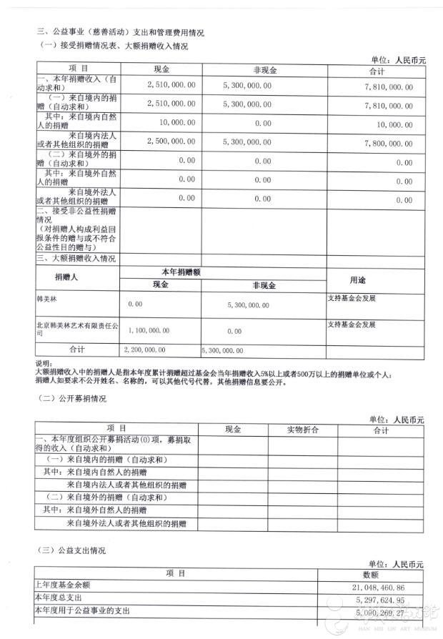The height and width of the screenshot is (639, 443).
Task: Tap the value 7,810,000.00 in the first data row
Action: (388, 86)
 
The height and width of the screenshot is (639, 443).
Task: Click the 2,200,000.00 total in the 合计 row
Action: (144, 350)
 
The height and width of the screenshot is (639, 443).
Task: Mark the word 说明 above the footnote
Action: (43, 362)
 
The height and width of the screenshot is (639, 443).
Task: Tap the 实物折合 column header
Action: (302, 430)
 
